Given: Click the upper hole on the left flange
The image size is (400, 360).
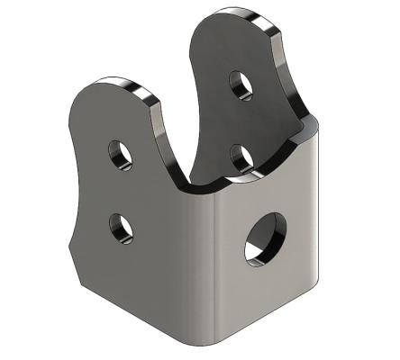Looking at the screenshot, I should tap(120, 155).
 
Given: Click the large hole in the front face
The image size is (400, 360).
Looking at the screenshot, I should tap(263, 239).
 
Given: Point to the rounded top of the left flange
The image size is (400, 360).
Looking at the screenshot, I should tap(108, 84).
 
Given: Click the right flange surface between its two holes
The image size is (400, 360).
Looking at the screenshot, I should tap(240, 121).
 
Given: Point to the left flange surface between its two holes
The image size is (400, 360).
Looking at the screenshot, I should tap(120, 191).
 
